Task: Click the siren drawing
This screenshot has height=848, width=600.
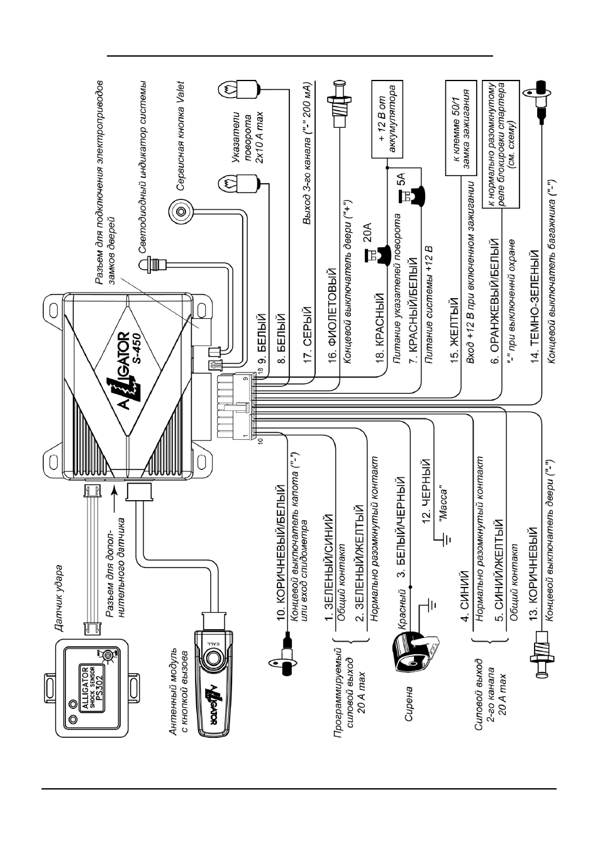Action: point(416,650)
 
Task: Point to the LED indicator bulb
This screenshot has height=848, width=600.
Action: point(153,264)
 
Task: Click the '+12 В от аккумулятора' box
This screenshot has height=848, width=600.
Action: point(387,119)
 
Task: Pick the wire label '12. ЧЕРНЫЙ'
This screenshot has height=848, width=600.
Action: point(426,491)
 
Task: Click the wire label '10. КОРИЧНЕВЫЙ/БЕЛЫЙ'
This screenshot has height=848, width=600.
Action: point(281,553)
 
